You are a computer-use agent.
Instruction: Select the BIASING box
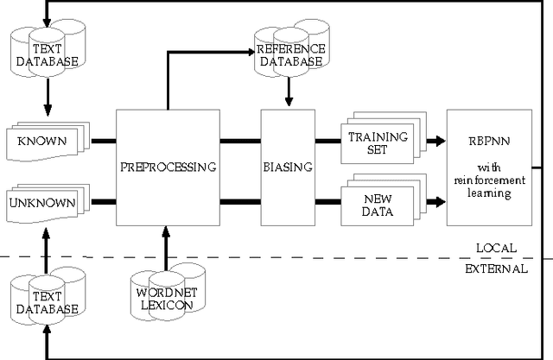[x=286, y=165]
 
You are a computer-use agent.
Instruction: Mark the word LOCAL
[x=497, y=248]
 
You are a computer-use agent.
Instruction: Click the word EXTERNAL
[x=497, y=268]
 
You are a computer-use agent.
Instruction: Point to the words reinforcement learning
[x=488, y=187]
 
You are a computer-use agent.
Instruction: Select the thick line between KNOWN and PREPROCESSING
[x=103, y=141]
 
